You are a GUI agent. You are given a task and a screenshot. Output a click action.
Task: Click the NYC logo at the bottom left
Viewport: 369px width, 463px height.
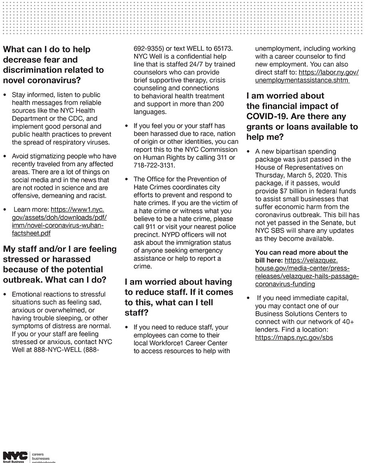click(x=15, y=455)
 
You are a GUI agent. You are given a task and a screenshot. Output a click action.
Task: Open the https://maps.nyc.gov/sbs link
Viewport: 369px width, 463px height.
click(x=294, y=337)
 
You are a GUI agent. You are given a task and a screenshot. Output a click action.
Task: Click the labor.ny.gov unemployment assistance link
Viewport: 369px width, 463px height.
click(x=307, y=76)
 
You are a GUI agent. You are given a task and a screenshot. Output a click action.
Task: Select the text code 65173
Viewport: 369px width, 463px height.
click(x=222, y=49)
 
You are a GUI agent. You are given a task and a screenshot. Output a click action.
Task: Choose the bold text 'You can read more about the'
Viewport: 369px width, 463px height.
click(x=302, y=252)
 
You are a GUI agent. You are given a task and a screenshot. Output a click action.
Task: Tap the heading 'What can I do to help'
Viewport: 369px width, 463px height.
click(x=47, y=49)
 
